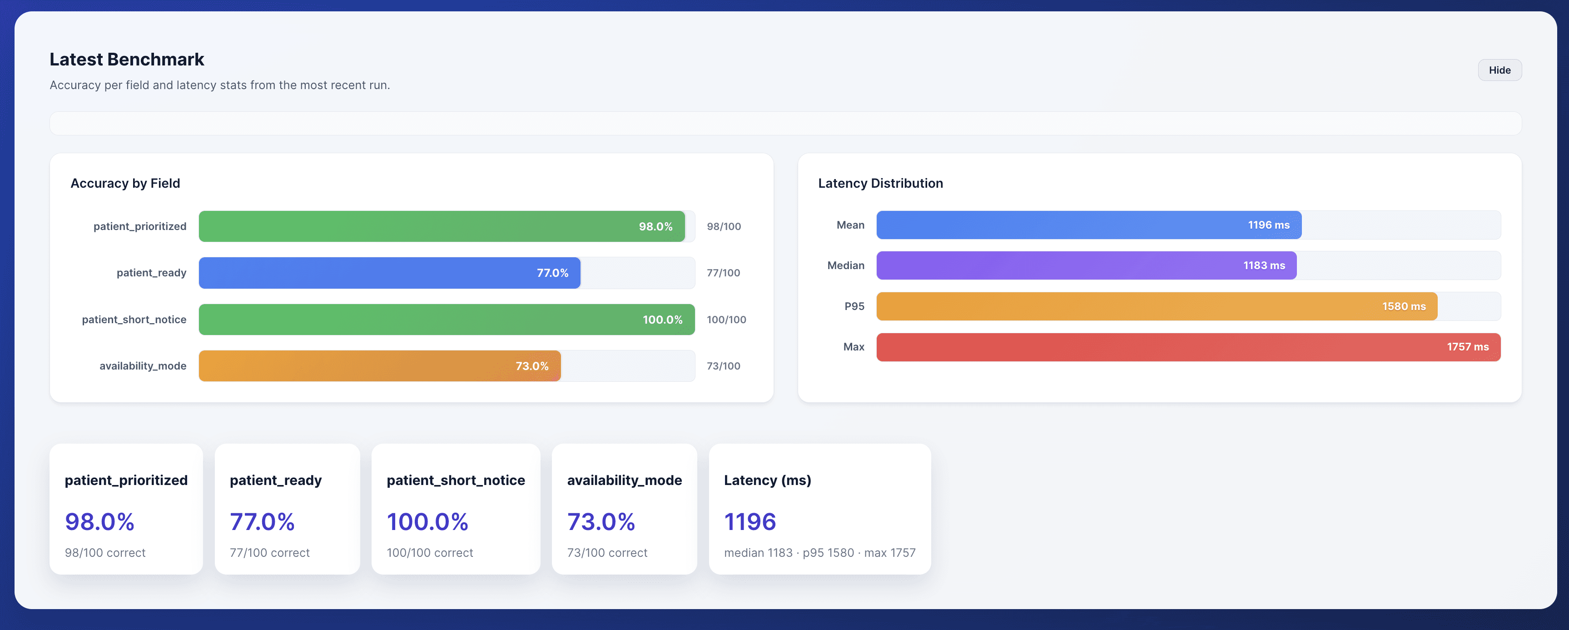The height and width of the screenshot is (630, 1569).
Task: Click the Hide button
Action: tap(1499, 70)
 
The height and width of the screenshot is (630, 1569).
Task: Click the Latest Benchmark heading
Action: tap(127, 59)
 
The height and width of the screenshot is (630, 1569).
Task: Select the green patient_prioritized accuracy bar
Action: tap(441, 226)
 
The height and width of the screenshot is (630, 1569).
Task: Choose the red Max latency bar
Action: tap(1188, 347)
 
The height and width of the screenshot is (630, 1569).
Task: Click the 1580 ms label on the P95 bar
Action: tap(1403, 306)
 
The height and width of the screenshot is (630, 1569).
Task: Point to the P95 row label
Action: tap(854, 306)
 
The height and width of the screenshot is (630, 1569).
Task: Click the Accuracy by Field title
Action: tap(125, 183)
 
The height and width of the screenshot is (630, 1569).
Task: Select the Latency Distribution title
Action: tap(880, 183)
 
